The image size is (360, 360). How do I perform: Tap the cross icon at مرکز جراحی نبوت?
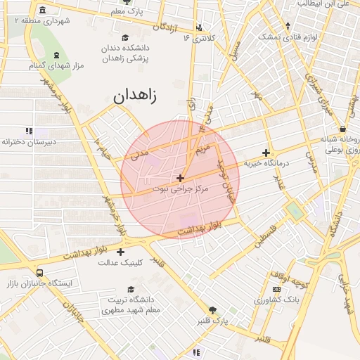[x=181, y=179]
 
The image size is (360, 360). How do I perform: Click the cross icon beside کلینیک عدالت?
[x=120, y=252]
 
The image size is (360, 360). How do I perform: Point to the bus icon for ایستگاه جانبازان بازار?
[x=39, y=273]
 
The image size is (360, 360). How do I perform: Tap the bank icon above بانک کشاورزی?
[x=274, y=289]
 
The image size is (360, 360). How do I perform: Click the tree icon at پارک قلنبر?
[x=212, y=309]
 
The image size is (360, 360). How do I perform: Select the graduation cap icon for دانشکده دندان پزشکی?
[x=125, y=37]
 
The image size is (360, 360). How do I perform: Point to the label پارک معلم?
[x=129, y=12]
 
